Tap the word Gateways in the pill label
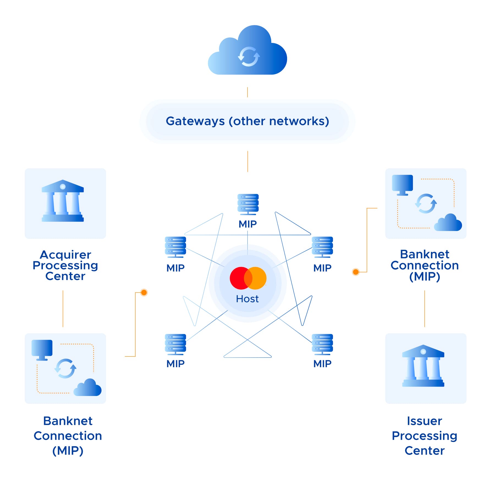click(x=195, y=121)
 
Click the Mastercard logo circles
click(x=248, y=278)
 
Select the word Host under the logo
click(x=247, y=299)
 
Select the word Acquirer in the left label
click(x=65, y=255)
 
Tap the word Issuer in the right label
click(x=424, y=421)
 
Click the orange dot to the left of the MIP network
click(x=144, y=292)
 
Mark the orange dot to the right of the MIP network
click(x=356, y=272)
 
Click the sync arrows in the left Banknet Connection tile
click(x=65, y=369)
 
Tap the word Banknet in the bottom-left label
click(x=68, y=421)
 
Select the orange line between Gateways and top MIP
click(x=248, y=161)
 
